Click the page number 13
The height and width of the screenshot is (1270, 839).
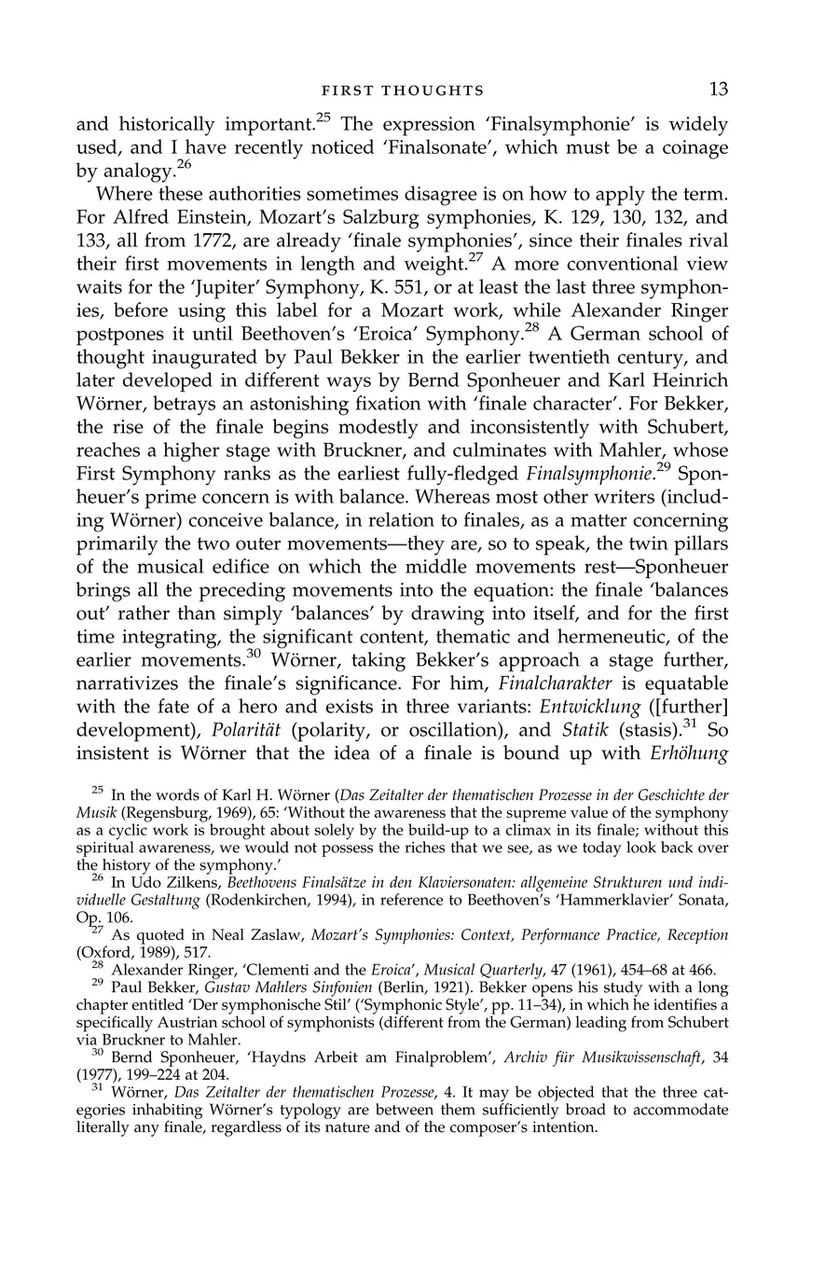[x=718, y=90]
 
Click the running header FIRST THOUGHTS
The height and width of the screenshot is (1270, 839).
[x=402, y=90]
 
